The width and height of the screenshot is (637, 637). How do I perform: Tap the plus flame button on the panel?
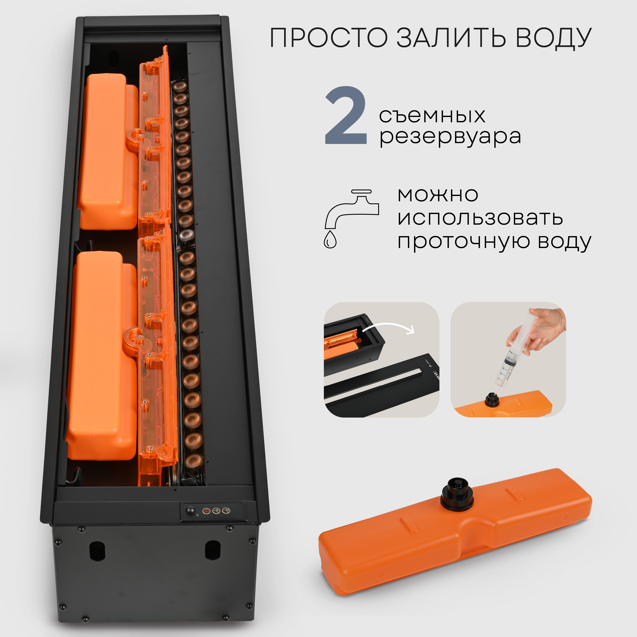pos(217,511)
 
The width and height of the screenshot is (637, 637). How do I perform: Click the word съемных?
pos(432,115)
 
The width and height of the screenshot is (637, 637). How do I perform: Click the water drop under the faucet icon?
pos(330,239)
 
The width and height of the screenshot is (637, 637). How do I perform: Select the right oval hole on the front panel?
pos(212,550)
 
